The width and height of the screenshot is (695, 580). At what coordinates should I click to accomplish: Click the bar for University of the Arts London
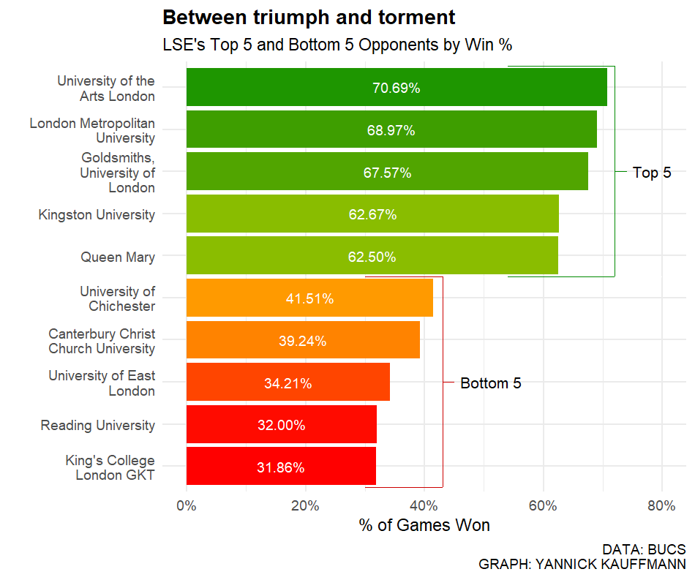(x=397, y=87)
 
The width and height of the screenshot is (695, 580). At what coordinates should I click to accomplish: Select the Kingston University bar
(x=372, y=214)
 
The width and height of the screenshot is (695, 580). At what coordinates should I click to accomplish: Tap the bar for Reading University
(x=282, y=425)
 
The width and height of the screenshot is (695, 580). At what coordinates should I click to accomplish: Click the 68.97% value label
(x=391, y=131)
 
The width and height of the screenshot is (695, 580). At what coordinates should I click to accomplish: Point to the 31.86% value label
(x=281, y=468)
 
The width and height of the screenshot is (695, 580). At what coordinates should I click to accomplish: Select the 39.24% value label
(x=302, y=342)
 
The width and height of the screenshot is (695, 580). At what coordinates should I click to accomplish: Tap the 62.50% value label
(x=372, y=257)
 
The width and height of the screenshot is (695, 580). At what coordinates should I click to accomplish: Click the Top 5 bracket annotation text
(x=652, y=173)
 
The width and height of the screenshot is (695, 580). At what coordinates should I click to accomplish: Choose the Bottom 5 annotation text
(x=491, y=383)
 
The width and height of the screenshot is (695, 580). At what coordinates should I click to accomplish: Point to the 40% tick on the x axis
(x=424, y=506)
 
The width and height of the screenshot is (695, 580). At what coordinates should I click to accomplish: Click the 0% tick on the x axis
(x=187, y=506)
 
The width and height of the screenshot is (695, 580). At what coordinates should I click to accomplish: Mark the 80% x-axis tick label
(x=661, y=506)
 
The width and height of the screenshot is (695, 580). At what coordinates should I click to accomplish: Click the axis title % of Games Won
(x=424, y=526)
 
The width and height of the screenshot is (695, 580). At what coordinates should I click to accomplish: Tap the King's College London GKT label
(x=110, y=468)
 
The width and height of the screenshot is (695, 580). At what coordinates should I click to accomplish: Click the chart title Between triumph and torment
(x=309, y=18)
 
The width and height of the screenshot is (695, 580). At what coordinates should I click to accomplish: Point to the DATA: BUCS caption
(x=644, y=549)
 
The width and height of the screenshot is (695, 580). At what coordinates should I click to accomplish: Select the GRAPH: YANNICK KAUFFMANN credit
(x=582, y=565)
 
